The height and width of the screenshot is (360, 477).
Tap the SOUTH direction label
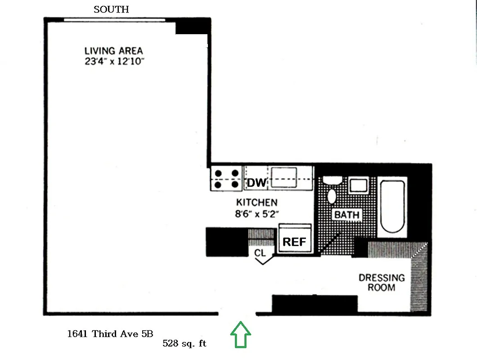click(111, 9)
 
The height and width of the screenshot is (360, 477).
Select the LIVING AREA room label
click(113, 51)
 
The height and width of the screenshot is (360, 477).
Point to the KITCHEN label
click(257, 202)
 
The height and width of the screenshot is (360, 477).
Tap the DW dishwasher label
click(256, 183)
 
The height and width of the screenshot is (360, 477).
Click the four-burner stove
click(226, 178)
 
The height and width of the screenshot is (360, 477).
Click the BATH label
click(347, 215)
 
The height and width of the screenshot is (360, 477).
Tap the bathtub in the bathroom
click(393, 207)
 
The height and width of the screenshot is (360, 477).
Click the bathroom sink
click(359, 185)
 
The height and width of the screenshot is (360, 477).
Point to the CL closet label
click(260, 253)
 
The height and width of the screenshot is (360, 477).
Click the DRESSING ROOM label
click(381, 283)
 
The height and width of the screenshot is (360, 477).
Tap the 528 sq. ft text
click(184, 343)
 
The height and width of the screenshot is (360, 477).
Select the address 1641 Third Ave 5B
click(110, 333)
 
